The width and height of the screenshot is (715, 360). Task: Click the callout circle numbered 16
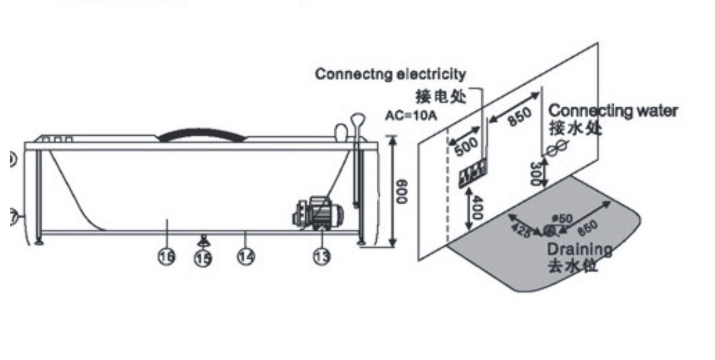(x=166, y=257)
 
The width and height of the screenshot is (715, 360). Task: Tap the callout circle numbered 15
(x=203, y=258)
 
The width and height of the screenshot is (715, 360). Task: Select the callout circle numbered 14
(x=246, y=257)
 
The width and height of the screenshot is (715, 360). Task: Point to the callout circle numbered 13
(x=322, y=257)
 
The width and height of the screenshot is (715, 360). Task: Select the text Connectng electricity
(x=390, y=73)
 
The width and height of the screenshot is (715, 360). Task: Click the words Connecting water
(x=613, y=111)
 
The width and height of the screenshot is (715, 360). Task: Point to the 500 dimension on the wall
(x=466, y=147)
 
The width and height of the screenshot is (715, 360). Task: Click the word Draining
(x=579, y=249)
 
